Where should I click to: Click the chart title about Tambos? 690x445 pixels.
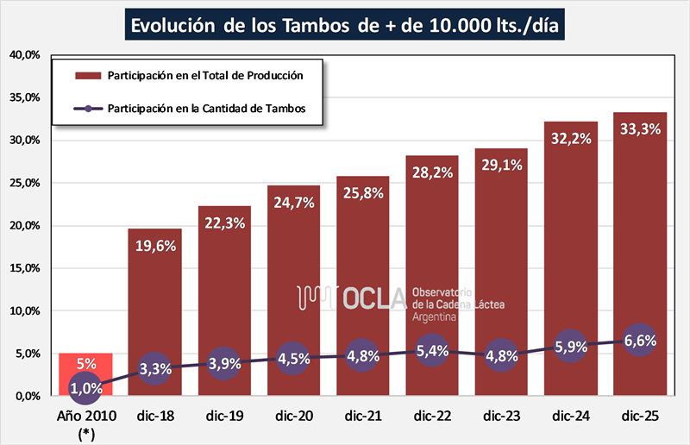[x=344, y=26]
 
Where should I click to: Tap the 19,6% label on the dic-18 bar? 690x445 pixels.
[x=155, y=245]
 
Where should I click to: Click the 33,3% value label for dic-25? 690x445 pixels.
[x=641, y=128]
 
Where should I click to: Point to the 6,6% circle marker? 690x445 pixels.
[x=639, y=341]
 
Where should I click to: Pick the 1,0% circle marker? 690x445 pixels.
[x=85, y=388]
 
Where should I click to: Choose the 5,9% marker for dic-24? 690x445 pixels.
[x=571, y=348]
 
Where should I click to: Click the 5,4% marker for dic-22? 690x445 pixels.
[x=432, y=352]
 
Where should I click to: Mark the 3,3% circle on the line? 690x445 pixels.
[x=155, y=369]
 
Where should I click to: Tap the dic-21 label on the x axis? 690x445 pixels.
[x=362, y=416]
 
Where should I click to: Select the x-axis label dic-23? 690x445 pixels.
[x=501, y=416]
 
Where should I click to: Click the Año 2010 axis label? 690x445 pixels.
[x=85, y=416]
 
